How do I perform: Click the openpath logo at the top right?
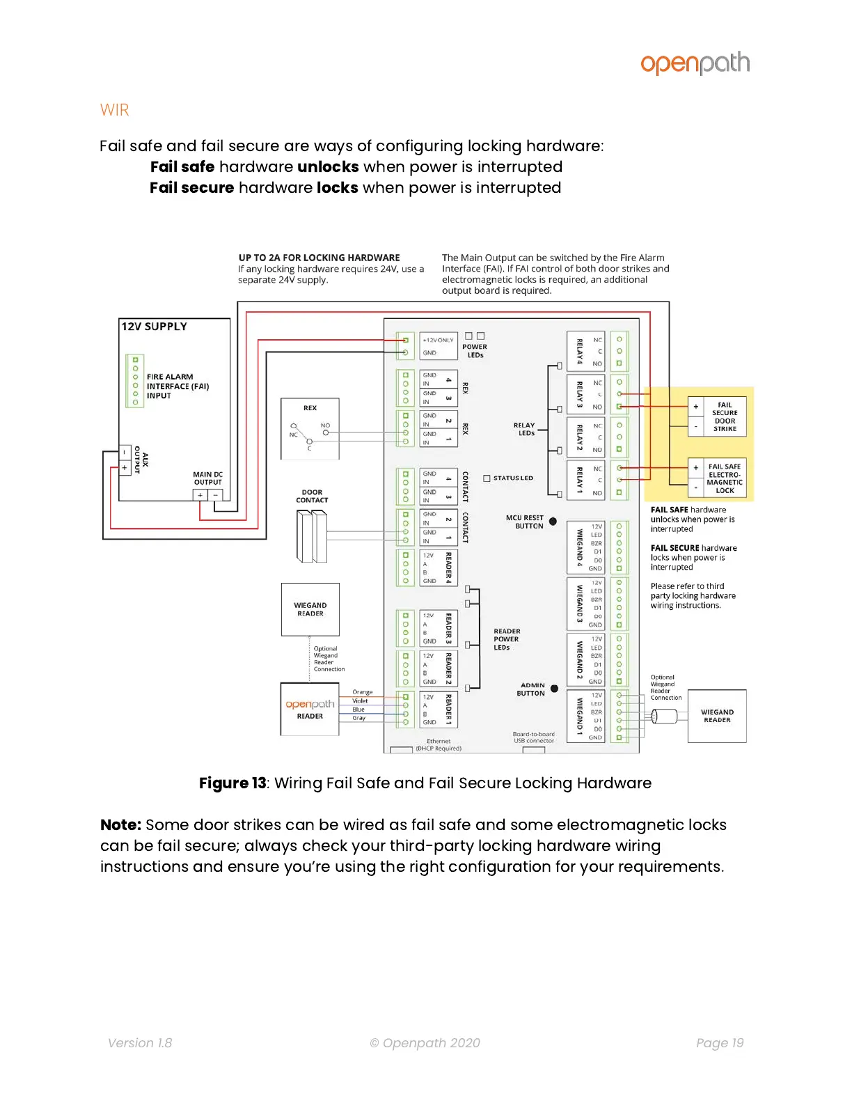pos(695,63)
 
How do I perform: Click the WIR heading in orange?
pos(114,110)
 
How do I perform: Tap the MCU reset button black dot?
pos(553,521)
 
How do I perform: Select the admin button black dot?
pos(554,689)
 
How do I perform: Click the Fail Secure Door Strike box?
pos(717,416)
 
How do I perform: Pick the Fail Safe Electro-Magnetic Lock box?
pos(717,478)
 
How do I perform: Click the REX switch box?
pos(310,428)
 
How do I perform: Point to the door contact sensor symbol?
pos(311,535)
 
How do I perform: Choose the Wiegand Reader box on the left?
pos(310,609)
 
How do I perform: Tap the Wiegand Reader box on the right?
pos(717,716)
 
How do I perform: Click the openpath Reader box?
pos(310,709)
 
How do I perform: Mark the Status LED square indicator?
pos(487,478)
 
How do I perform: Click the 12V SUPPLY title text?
pos(154,327)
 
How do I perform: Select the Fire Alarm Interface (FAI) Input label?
pos(177,386)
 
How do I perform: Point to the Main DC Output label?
pos(207,478)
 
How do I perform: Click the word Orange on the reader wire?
pos(362,692)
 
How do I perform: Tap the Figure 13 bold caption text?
pos(232,783)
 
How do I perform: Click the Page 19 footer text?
pos(720,1042)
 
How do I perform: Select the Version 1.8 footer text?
pos(140,1042)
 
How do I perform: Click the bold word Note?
pos(120,825)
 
